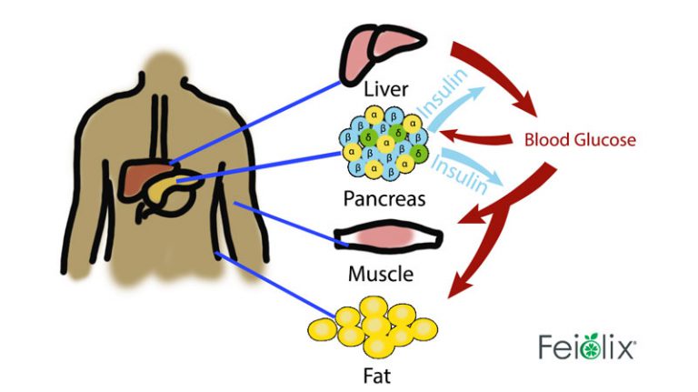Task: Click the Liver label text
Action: tap(384, 90)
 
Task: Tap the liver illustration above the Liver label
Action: tap(383, 49)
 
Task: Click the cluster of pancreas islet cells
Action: tap(382, 142)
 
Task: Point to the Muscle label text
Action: tap(381, 273)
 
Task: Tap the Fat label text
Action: tap(379, 373)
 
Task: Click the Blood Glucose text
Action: tap(579, 140)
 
